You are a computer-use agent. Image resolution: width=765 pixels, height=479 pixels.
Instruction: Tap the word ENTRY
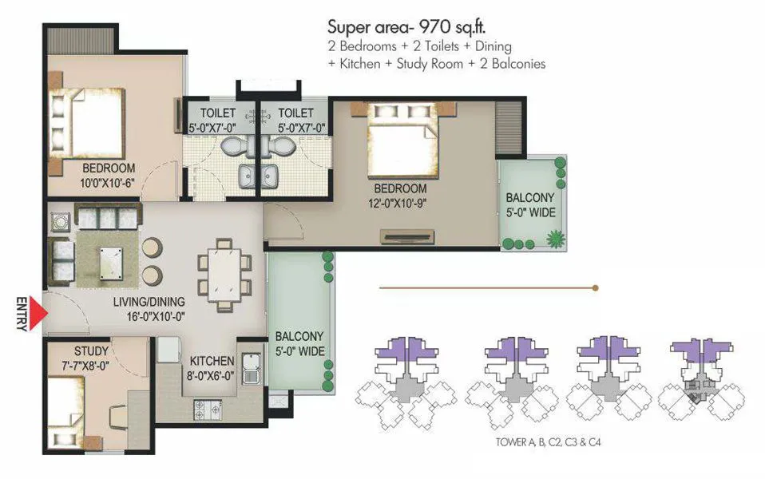[x=22, y=314]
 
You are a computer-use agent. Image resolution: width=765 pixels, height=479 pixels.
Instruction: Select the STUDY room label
[x=92, y=350]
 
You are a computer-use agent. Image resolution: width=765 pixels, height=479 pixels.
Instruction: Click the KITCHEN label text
[x=212, y=361]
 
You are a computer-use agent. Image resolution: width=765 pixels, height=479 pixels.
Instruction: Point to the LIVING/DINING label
[x=149, y=302]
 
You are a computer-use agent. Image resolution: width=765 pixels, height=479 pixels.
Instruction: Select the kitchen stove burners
[x=204, y=410]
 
